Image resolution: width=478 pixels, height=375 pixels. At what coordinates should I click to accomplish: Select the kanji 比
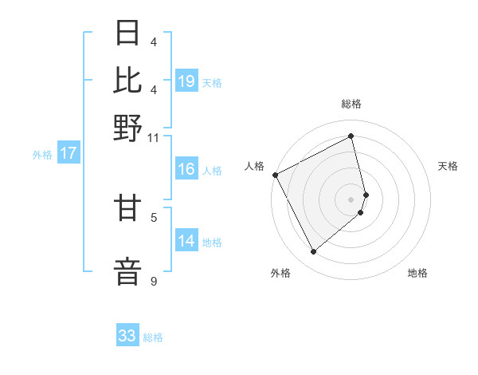tap(129, 80)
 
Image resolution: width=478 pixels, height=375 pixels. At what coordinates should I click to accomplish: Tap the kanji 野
tap(129, 128)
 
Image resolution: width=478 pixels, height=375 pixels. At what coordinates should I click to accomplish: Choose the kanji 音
tap(129, 270)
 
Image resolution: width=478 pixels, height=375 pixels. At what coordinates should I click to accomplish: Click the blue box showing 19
tap(186, 81)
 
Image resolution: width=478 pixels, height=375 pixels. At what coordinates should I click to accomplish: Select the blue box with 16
tap(186, 169)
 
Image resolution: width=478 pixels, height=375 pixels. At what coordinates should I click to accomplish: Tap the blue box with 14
tap(186, 241)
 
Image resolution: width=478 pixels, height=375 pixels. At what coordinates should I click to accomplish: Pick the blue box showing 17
tap(68, 153)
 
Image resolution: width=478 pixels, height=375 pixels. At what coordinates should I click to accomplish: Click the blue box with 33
tap(127, 336)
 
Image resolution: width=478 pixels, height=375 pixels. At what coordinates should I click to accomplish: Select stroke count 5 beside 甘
tap(154, 216)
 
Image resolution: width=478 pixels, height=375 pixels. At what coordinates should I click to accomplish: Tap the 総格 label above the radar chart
tap(351, 105)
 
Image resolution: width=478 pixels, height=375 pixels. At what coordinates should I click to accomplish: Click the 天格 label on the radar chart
tap(448, 166)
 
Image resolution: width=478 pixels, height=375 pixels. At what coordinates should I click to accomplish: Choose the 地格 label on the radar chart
tap(417, 273)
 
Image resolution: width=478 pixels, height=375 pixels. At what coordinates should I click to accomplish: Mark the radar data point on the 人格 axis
tap(275, 175)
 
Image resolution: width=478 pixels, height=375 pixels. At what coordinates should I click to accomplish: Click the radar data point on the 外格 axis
tap(313, 252)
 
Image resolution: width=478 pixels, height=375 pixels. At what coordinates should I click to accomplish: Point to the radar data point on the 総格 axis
tap(351, 136)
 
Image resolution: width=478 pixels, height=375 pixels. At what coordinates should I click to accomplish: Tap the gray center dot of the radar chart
tap(351, 199)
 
